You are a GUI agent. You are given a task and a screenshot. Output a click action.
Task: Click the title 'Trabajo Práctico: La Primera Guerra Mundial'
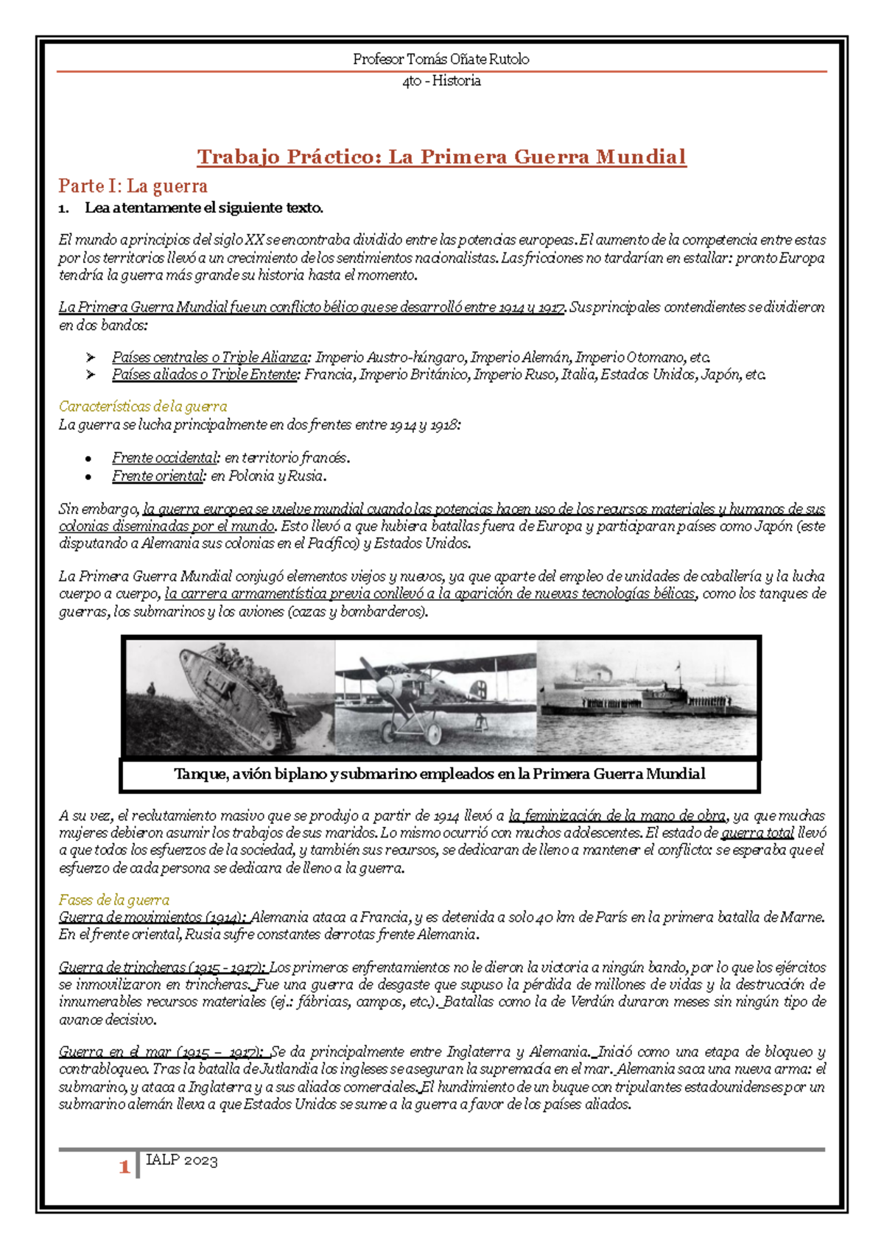pos(441,157)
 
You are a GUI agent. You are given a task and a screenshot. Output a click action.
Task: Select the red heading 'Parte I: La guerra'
pos(133,186)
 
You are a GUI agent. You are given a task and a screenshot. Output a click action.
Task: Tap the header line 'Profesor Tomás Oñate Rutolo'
pos(441,59)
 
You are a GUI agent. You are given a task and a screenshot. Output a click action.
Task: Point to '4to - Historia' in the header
pos(441,81)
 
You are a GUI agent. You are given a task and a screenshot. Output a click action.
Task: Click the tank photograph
pos(230,697)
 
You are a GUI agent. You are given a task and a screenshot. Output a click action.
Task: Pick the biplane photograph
pos(435,697)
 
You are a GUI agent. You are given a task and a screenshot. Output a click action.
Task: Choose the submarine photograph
pos(646,697)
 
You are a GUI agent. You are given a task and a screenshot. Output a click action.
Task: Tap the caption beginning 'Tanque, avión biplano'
pos(440,774)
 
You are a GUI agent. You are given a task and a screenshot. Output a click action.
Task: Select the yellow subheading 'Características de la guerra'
pos(143,407)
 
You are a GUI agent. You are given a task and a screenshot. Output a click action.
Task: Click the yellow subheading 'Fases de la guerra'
pos(114,900)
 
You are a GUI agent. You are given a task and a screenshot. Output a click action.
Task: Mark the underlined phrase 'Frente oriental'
pos(158,476)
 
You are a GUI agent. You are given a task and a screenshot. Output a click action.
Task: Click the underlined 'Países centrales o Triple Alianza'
pos(210,357)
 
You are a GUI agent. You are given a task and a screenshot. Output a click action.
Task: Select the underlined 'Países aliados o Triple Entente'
pos(206,375)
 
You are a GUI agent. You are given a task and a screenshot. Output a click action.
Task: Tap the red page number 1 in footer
pos(124,1167)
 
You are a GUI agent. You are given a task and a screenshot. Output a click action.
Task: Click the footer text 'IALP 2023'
pos(181,1161)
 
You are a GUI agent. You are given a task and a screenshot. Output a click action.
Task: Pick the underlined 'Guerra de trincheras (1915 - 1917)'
pos(163,967)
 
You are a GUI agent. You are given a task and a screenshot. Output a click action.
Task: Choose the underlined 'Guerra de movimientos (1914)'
pos(152,917)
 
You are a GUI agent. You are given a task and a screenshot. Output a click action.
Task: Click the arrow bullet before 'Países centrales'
pos(91,357)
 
